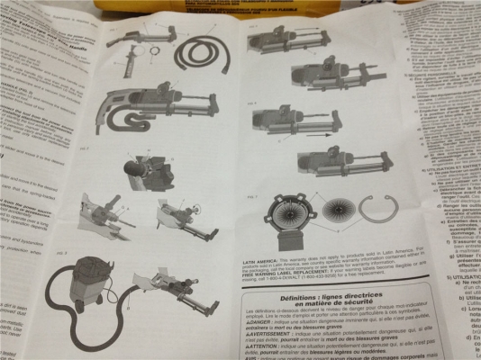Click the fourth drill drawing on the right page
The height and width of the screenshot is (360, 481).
pos(334,166)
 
